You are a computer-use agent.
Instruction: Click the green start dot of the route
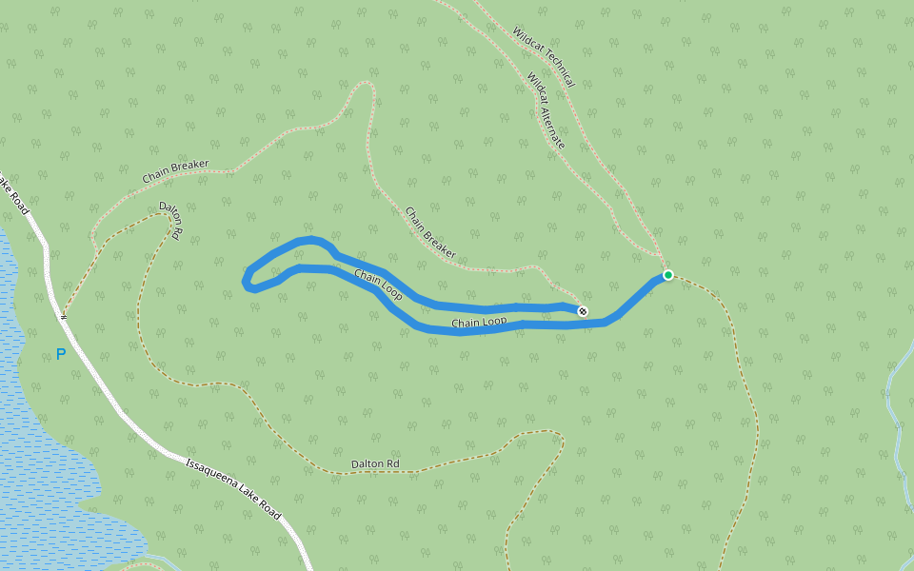668,275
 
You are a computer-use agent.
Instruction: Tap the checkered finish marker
583,311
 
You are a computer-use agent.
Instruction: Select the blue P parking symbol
61,354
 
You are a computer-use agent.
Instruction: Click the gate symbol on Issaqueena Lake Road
64,315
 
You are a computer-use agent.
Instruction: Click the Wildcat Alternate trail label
546,111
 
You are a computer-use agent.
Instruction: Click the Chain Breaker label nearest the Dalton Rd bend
175,171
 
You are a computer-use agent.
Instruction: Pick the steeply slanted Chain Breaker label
430,233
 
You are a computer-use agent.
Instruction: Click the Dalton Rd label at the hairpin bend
170,221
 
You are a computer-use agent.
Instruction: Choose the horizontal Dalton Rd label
375,464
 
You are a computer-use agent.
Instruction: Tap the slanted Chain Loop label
378,285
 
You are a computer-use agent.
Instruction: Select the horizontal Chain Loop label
479,323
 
